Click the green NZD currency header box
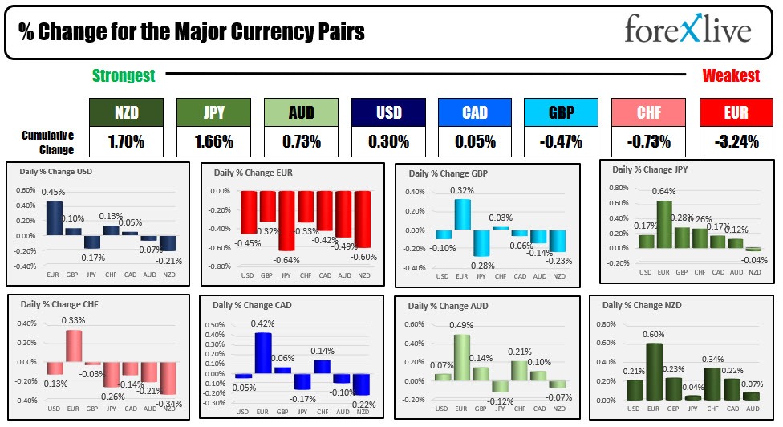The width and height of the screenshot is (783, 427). (126, 113)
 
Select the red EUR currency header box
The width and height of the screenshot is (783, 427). (736, 113)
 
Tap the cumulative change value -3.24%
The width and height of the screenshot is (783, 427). (736, 142)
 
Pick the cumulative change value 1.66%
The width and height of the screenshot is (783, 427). (213, 142)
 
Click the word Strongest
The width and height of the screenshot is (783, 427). (124, 76)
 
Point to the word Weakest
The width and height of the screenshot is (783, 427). (731, 76)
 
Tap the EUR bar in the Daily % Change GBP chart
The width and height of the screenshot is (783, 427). (462, 214)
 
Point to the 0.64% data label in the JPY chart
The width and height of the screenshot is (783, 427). (663, 192)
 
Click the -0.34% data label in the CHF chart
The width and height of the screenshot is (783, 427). (168, 403)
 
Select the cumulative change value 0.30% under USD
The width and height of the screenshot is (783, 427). (389, 142)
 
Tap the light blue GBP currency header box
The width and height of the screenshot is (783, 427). (562, 113)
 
